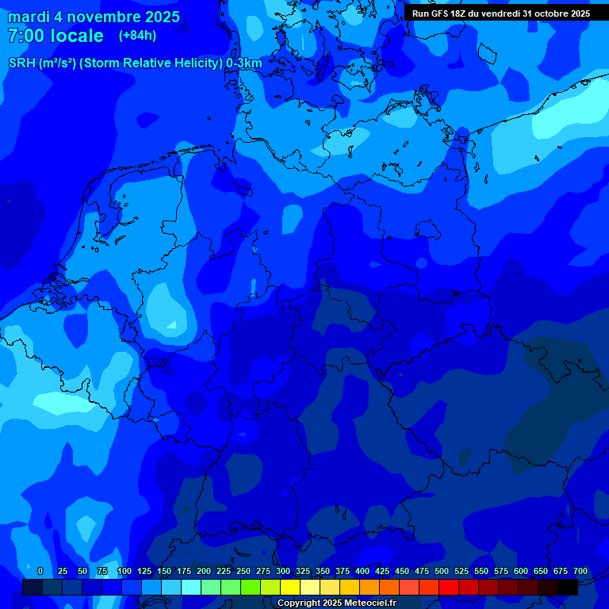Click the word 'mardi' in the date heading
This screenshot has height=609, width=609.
29,17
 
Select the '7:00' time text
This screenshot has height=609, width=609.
25,36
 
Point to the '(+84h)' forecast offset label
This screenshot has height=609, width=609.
137,36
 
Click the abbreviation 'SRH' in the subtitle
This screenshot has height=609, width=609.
21,63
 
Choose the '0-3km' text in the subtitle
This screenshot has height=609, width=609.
244,63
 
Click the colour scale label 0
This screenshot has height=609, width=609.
40,571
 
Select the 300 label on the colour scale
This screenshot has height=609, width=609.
283,571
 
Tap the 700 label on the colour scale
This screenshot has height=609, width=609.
580,571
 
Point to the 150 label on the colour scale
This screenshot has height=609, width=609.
164,571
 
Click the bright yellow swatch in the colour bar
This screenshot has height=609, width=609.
290,588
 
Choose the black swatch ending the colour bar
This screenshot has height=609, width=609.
568,588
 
